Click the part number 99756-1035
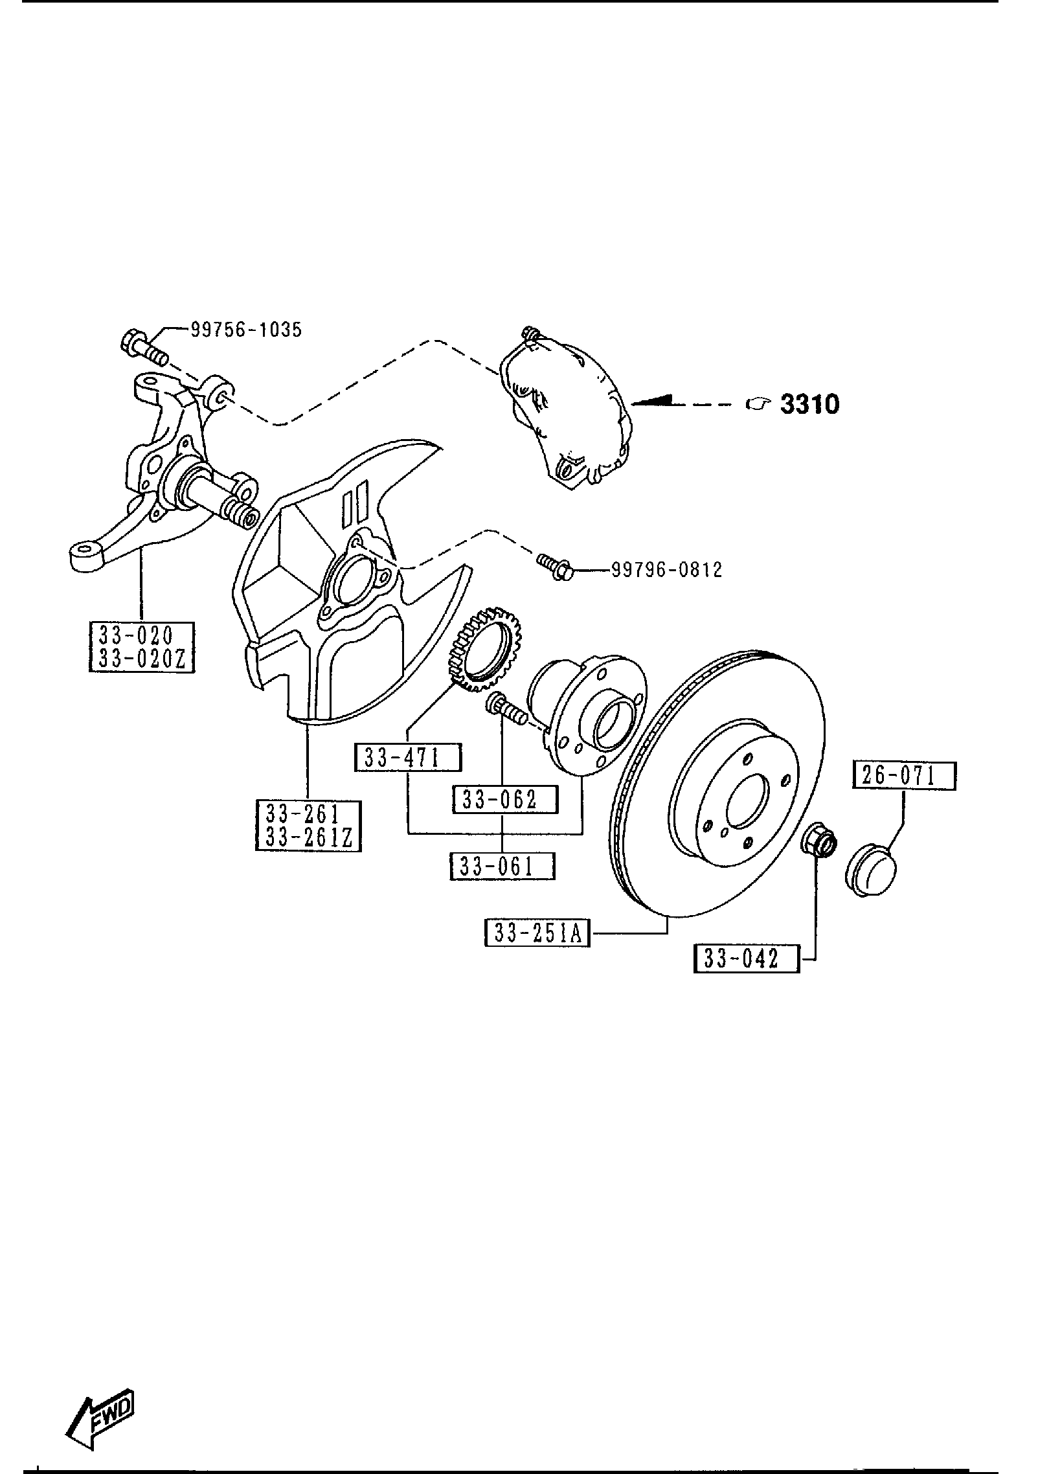pyautogui.click(x=246, y=330)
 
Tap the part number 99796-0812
pyautogui.click(x=666, y=570)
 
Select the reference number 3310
pyautogui.click(x=809, y=404)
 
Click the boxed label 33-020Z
pyautogui.click(x=142, y=659)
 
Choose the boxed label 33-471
pyautogui.click(x=408, y=758)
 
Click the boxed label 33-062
pyautogui.click(x=505, y=800)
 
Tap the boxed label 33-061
pyautogui.click(x=502, y=867)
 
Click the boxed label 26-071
pyautogui.click(x=904, y=775)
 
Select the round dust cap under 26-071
pyautogui.click(x=870, y=870)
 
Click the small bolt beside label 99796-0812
pyautogui.click(x=555, y=565)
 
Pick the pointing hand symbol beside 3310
pyautogui.click(x=757, y=404)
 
